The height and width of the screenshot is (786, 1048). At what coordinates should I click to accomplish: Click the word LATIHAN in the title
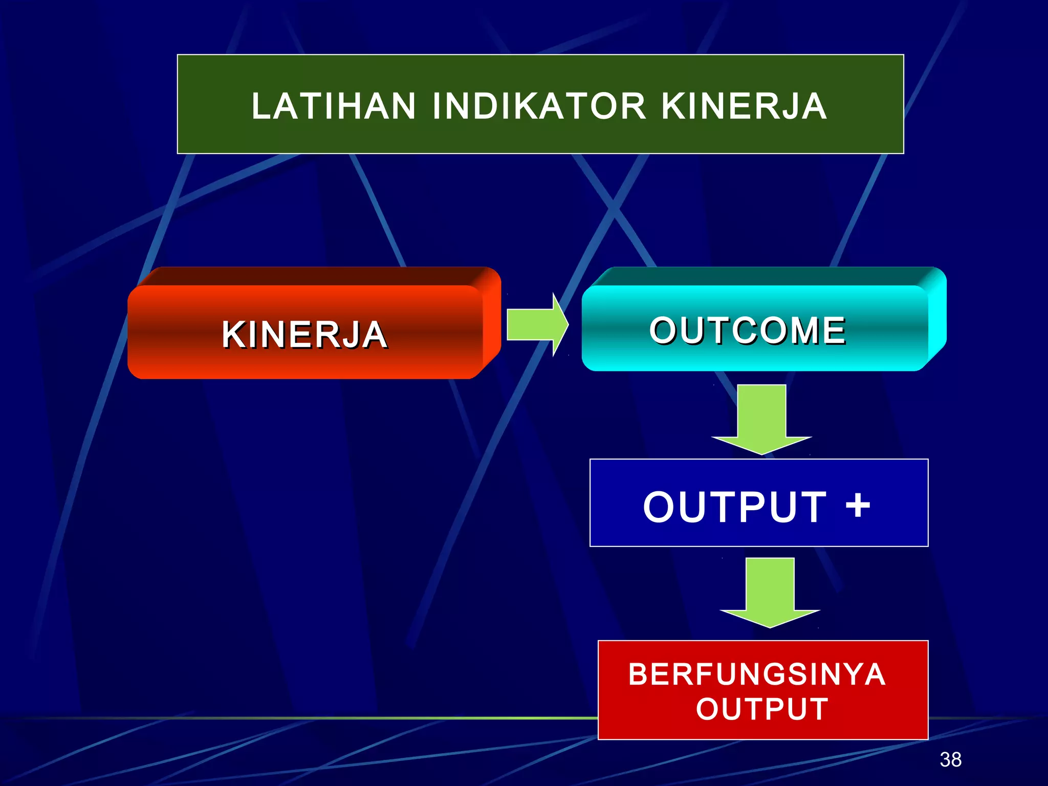pos(333,106)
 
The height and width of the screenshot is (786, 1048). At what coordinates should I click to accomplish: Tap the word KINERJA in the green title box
pos(744,106)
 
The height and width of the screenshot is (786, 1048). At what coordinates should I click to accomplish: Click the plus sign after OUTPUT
pos(858,505)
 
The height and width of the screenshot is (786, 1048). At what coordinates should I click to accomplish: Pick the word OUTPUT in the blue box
pos(735,507)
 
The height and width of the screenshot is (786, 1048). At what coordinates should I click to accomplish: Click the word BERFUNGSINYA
pos(757,674)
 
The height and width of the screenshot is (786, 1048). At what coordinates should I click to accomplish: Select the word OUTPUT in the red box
pos(762,709)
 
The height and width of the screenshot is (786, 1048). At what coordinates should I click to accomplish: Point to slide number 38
pos(950,759)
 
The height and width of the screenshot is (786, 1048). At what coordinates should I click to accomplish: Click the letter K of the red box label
pos(233,335)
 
